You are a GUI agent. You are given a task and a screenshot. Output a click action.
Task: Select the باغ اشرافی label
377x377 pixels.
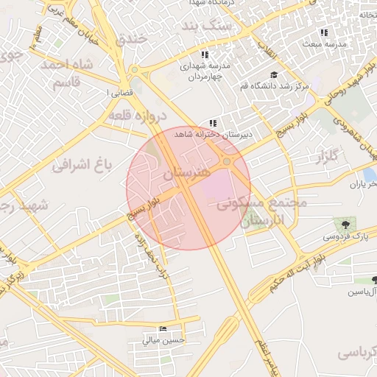coord(82,166)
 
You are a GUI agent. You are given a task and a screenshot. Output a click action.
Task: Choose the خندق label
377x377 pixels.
coord(131,40)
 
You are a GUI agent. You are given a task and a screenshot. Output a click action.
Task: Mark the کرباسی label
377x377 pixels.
coord(356,353)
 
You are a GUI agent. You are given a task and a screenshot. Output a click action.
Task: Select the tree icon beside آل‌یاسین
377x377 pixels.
coord(375,280)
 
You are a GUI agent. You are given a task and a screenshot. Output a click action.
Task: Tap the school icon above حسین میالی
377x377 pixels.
coord(163,328)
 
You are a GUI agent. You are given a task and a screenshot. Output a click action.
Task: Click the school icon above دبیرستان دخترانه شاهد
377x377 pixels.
coord(213,123)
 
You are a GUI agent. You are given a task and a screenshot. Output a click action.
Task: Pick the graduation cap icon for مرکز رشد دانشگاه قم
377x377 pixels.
coord(274,74)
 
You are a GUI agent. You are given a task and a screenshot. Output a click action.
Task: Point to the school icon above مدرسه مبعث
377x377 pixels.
coord(324,32)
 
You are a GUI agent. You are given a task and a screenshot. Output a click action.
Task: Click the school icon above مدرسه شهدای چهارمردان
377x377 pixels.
coord(204,54)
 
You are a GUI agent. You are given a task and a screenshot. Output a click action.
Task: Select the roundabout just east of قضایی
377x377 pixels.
coord(134,71)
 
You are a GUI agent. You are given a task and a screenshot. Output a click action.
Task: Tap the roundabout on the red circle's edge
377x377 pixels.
coord(228,161)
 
